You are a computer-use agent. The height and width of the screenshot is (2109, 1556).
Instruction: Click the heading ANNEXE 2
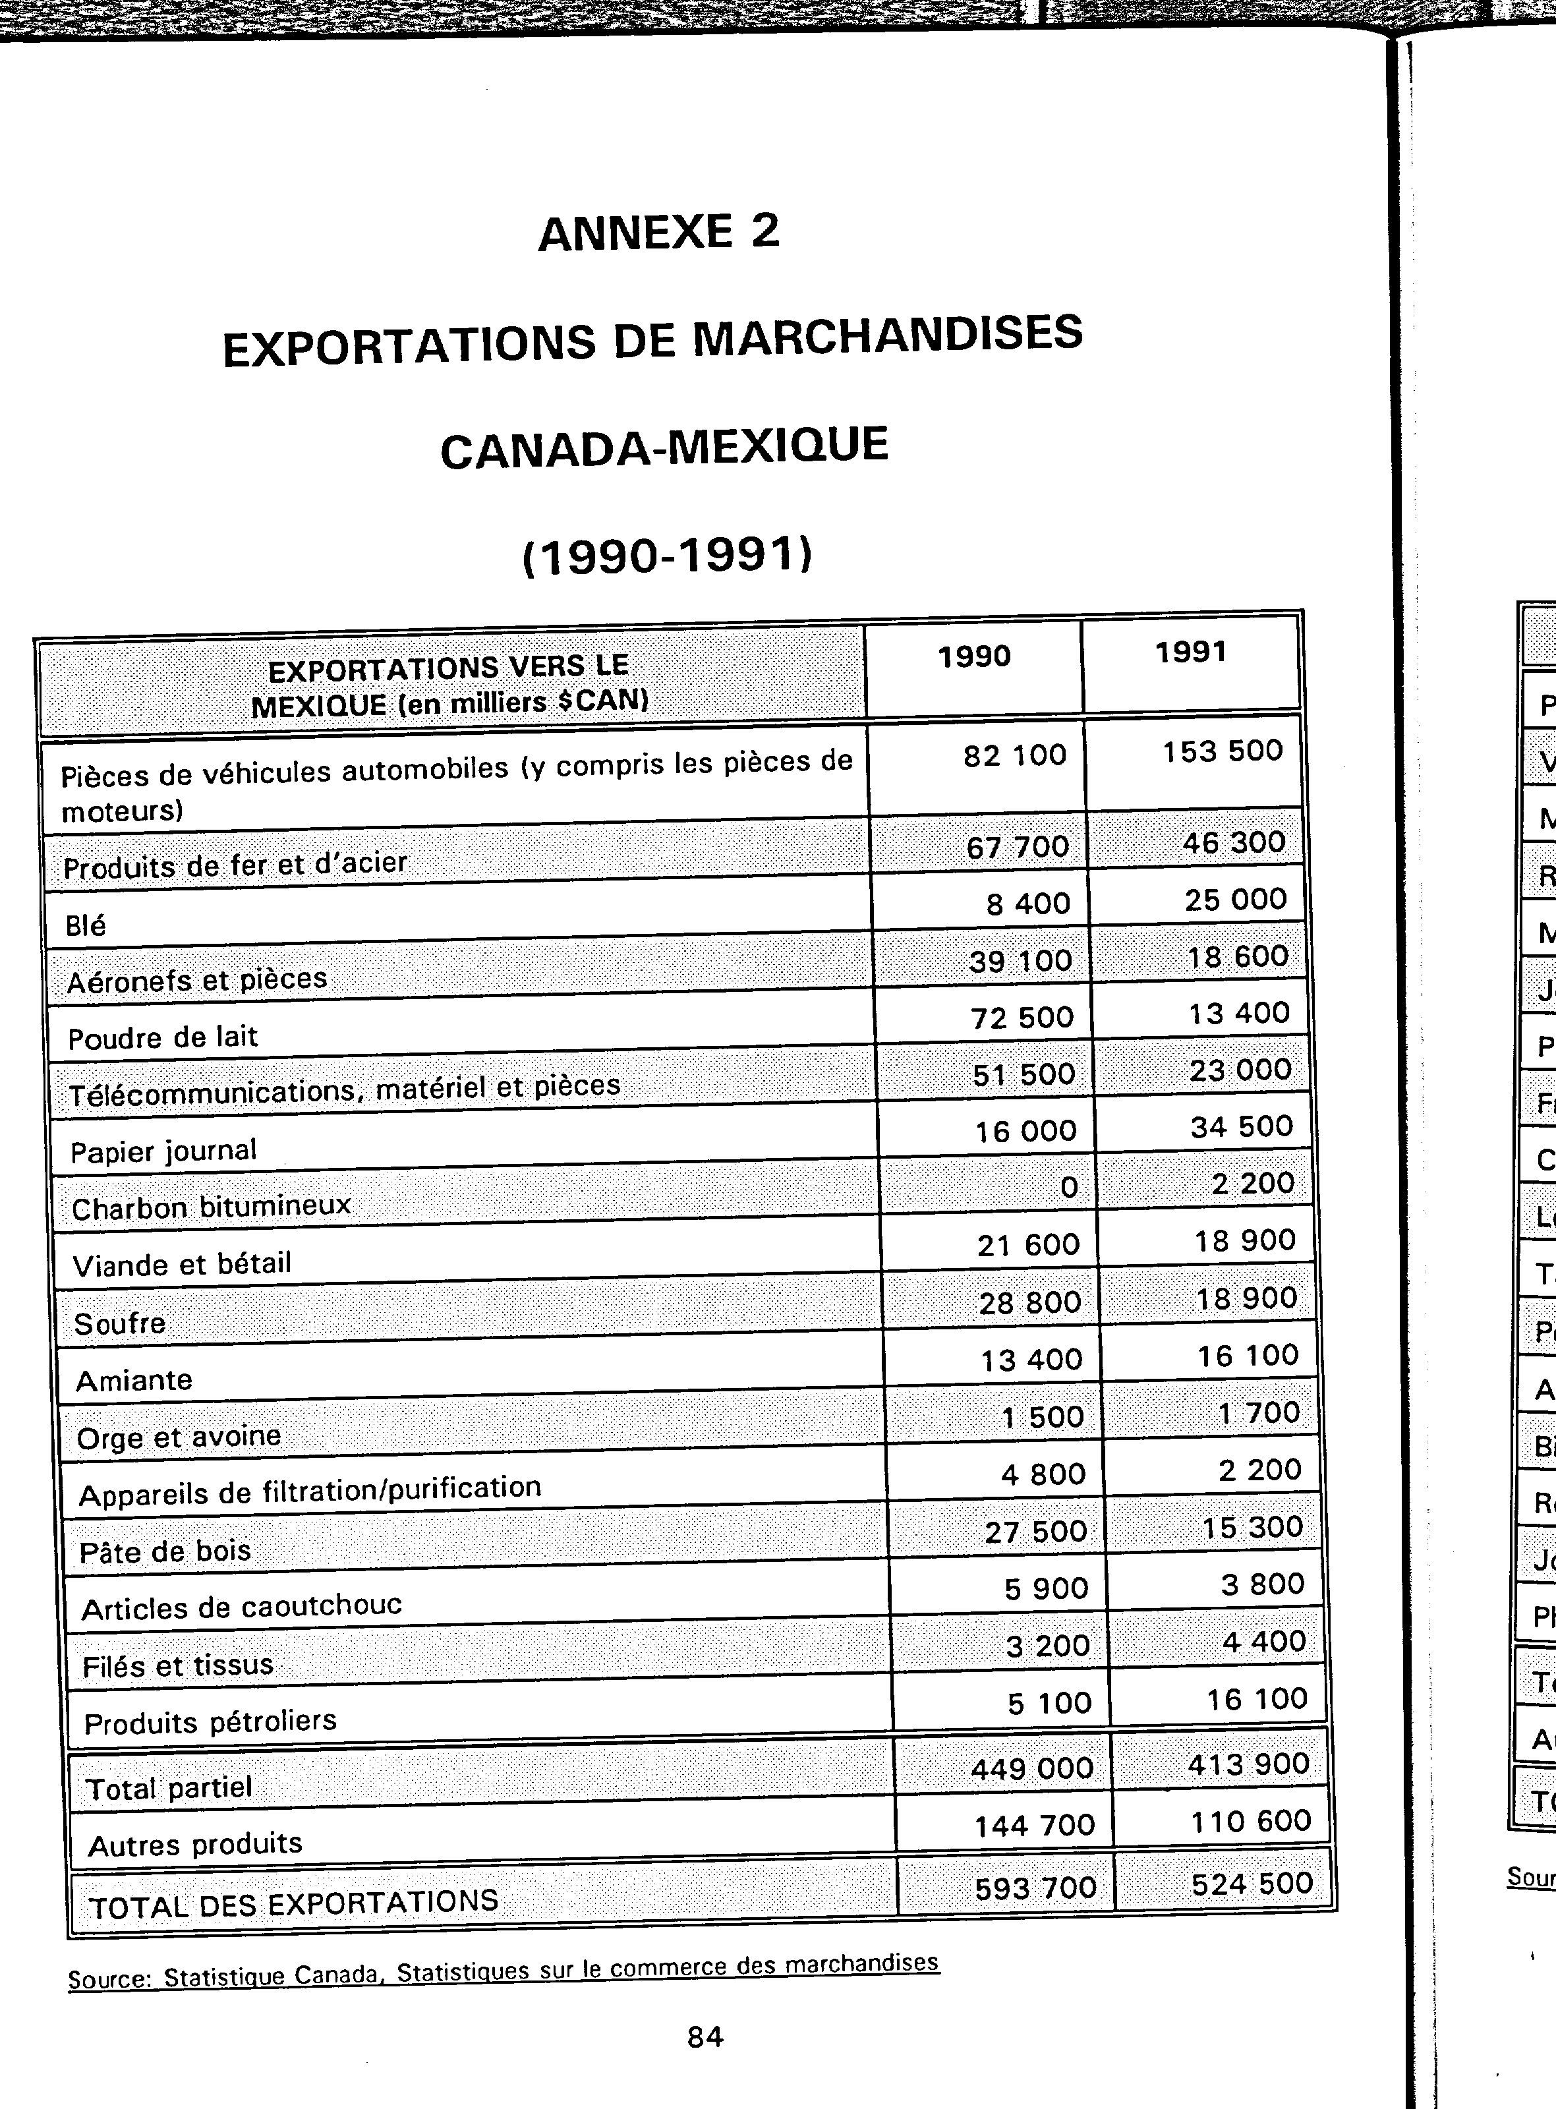pos(658,232)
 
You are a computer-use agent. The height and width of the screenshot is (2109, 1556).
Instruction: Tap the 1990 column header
pos(974,656)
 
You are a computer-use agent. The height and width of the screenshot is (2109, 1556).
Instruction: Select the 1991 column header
pos(1190,652)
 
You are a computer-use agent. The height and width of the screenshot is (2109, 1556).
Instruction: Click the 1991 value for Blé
pos(1236,900)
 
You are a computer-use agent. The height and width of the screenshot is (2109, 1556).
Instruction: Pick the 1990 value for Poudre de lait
pos(1022,1018)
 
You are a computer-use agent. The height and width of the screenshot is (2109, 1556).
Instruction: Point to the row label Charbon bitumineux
pos(211,1207)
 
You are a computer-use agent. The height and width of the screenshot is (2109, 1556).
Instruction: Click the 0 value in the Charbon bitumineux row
pos(1069,1188)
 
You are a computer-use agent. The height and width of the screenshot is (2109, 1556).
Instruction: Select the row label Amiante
pos(134,1381)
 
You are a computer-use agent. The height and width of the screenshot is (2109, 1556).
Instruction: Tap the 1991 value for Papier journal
pos(1242,1126)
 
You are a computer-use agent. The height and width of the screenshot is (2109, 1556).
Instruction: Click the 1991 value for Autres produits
pos(1251,1821)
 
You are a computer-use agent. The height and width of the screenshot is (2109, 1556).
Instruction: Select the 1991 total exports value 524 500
pos(1252,1883)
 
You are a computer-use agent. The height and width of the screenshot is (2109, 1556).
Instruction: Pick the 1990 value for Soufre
pos(1029,1303)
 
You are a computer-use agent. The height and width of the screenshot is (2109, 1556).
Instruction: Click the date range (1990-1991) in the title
pos(666,556)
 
